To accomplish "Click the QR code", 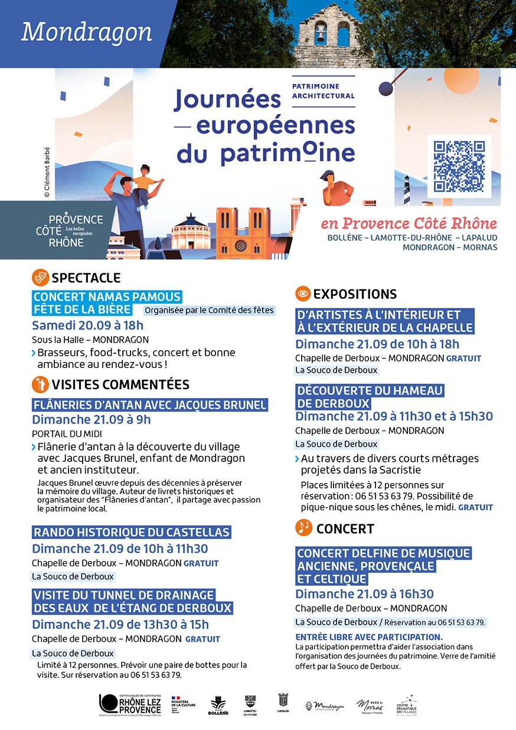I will click(x=459, y=167).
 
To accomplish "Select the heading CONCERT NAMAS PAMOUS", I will click(x=107, y=296).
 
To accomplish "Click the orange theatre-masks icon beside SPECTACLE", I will click(x=40, y=277).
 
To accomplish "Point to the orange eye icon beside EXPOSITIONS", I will click(x=303, y=294).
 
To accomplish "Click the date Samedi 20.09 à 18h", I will click(x=87, y=325).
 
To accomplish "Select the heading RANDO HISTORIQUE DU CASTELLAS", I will click(x=131, y=532).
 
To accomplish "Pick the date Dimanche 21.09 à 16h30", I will click(x=364, y=594).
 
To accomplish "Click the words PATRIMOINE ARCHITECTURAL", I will click(x=324, y=91).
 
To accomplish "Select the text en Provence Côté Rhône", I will click(x=409, y=224).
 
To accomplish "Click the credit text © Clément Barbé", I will click(x=47, y=172).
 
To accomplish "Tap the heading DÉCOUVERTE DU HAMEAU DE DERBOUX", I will click(x=370, y=397).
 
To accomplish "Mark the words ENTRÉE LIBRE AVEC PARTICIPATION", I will click(x=368, y=637).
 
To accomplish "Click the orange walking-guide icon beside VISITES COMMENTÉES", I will click(x=40, y=384).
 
